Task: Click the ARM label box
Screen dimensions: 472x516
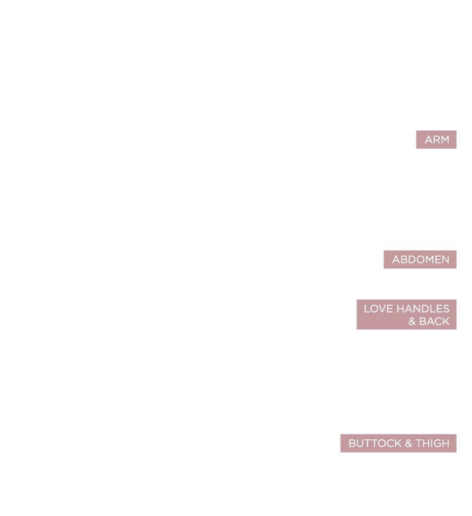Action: [436, 140]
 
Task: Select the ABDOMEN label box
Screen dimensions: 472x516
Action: [420, 259]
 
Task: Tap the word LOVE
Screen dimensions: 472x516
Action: [379, 309]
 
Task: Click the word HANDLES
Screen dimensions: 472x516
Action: [423, 309]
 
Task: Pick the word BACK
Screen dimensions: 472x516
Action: [434, 321]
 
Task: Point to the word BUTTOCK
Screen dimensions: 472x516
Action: [375, 443]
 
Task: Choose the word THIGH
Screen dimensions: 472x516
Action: [433, 443]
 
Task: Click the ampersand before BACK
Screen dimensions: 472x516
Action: [412, 321]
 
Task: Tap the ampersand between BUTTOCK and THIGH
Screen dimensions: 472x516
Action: [409, 443]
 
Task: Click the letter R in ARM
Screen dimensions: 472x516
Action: [437, 140]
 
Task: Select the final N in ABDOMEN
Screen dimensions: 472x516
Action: [445, 259]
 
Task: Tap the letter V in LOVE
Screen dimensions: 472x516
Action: [382, 309]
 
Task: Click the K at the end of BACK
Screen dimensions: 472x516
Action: [446, 321]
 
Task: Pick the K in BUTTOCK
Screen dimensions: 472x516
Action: [398, 443]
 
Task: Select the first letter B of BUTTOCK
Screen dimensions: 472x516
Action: [352, 443]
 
